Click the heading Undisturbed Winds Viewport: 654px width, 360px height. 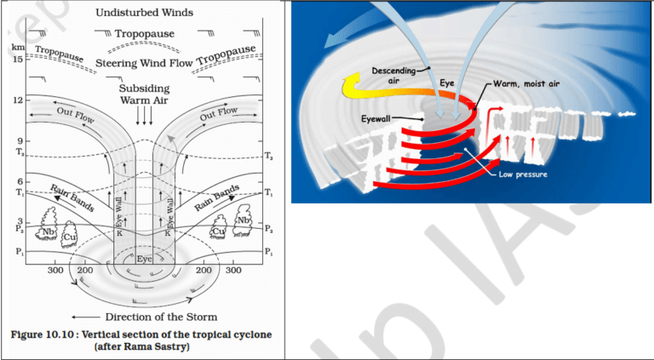(x=142, y=14)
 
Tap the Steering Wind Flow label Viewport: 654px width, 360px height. (x=143, y=62)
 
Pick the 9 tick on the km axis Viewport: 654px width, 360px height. (x=16, y=140)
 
